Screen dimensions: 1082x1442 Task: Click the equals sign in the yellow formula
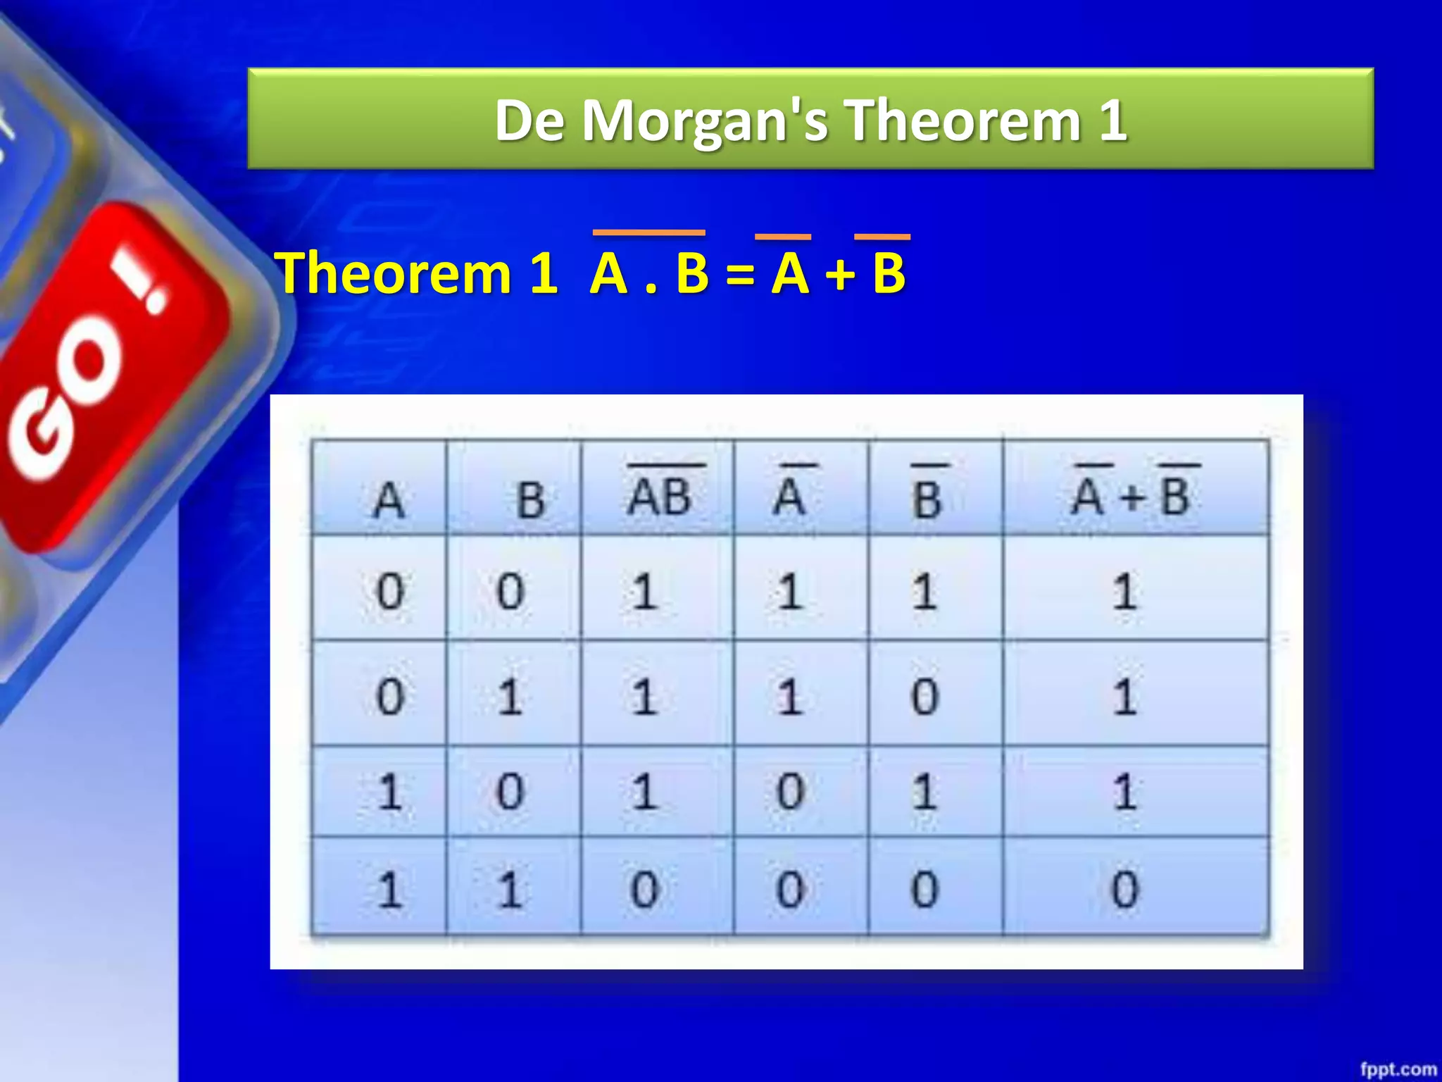click(739, 275)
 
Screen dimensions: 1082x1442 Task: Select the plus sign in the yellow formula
click(841, 275)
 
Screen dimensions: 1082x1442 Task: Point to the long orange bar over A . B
click(648, 232)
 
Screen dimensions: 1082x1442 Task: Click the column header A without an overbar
click(388, 500)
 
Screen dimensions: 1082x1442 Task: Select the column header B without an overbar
click(530, 500)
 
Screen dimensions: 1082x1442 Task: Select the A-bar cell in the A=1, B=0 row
click(789, 791)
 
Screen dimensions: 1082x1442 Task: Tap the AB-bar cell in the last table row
click(644, 889)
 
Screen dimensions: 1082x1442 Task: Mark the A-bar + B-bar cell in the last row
click(1124, 889)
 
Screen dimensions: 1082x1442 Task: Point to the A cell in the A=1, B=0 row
click(389, 791)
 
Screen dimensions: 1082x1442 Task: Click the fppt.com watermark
click(1398, 1069)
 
